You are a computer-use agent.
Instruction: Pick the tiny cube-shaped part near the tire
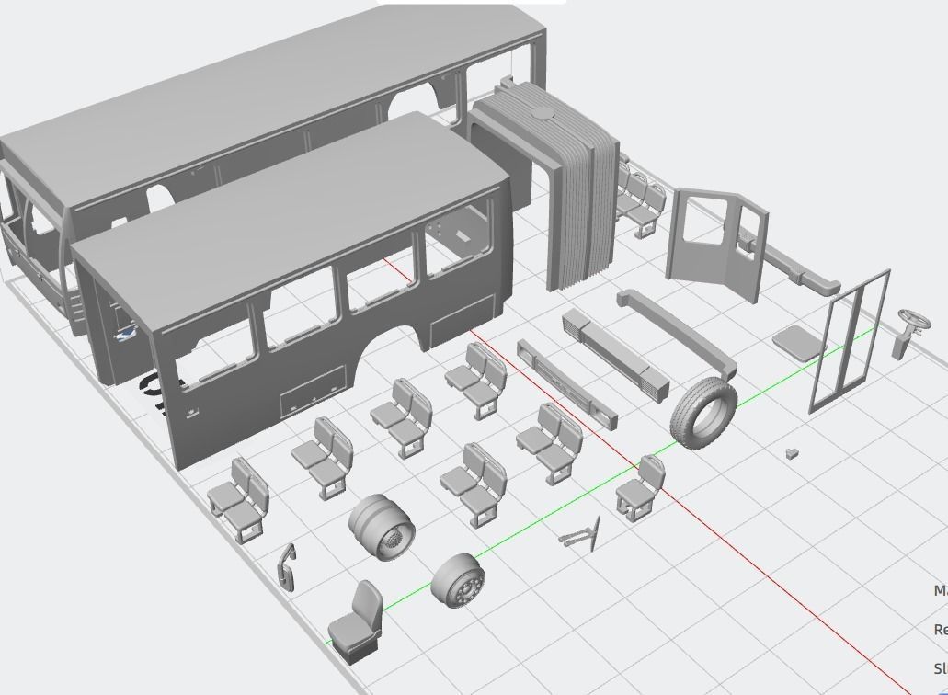tap(792, 453)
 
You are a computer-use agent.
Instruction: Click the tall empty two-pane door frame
tap(850, 342)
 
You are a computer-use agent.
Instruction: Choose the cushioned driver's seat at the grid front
tap(357, 621)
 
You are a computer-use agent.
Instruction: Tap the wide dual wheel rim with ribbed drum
tap(382, 527)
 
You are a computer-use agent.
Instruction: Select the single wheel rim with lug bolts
tap(457, 580)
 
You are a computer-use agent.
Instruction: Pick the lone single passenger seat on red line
tap(641, 488)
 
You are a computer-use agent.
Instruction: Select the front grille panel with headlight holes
tap(566, 385)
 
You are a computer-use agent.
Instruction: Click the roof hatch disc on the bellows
tap(544, 115)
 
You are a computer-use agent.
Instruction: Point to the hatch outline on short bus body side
tap(313, 391)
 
